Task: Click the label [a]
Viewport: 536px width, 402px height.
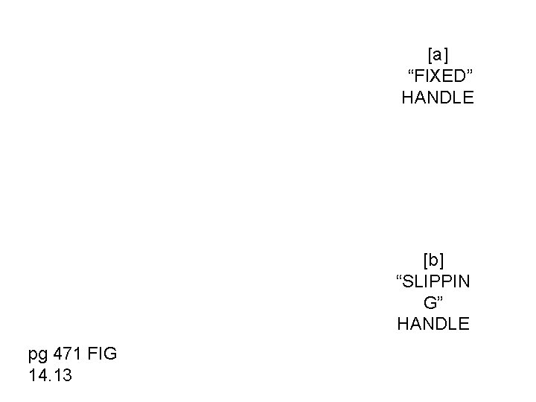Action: [x=438, y=54]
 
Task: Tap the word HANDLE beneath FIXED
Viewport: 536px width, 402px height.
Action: [x=437, y=98]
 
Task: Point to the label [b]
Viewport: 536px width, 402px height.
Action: [x=433, y=260]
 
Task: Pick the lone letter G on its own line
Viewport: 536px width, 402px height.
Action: [x=430, y=303]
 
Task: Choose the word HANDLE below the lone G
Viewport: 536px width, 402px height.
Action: [x=433, y=324]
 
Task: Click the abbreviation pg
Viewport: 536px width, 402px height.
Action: [x=37, y=354]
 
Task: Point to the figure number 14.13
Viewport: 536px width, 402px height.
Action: [x=50, y=375]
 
